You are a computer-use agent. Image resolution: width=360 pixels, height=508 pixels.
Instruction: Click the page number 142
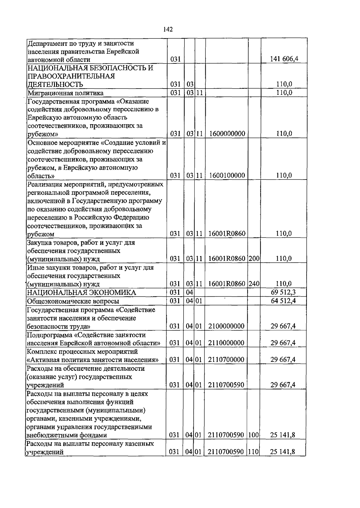(x=168, y=29)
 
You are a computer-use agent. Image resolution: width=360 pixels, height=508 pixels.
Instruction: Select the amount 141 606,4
(x=284, y=59)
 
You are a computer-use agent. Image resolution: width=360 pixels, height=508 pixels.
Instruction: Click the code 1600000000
(x=227, y=134)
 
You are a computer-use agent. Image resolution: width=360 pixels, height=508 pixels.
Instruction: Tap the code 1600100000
(x=227, y=175)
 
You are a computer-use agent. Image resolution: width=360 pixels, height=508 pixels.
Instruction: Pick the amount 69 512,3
(x=283, y=292)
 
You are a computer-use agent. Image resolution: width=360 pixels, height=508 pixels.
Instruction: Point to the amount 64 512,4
(x=283, y=301)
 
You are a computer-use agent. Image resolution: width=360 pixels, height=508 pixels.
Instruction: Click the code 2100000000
(x=226, y=326)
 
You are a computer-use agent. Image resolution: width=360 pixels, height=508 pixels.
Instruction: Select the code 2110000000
(x=226, y=343)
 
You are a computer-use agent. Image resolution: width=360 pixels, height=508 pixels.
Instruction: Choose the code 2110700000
(x=226, y=360)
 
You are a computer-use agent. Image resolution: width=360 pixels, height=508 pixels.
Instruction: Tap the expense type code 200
(x=254, y=259)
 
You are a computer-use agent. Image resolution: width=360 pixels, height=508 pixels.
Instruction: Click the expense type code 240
(x=254, y=284)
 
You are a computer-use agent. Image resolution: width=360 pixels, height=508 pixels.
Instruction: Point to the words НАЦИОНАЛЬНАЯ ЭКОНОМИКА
(x=81, y=293)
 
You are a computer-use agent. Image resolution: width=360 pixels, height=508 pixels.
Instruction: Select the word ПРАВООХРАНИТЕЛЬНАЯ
(x=71, y=76)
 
